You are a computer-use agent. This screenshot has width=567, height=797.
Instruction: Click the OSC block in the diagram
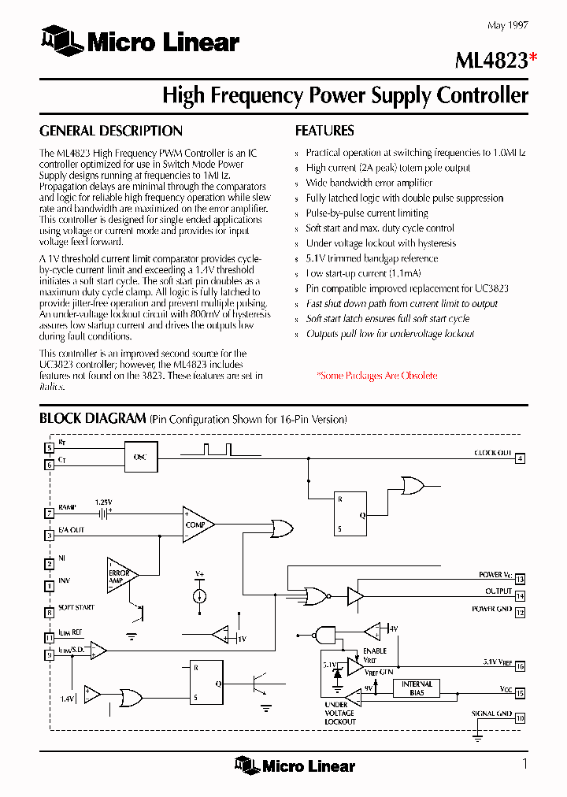coord(140,457)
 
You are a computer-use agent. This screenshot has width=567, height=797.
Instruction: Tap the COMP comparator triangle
coord(197,524)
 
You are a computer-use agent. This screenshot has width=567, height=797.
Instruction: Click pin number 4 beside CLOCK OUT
coord(520,458)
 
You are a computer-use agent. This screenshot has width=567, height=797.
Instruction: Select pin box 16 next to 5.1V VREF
coord(520,666)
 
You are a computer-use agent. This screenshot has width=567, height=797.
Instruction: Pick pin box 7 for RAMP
coord(49,513)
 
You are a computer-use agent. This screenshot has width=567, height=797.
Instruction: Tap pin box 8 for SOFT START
coord(49,612)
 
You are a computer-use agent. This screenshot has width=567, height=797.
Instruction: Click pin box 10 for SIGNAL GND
coord(520,717)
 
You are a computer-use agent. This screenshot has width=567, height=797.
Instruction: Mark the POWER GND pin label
coord(492,610)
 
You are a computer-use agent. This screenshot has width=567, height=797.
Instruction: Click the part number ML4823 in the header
coord(490,60)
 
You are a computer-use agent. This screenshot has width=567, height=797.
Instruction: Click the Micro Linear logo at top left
coord(139,42)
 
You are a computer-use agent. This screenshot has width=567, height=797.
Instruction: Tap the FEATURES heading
coord(324,131)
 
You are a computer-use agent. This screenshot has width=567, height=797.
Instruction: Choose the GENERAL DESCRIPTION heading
coord(111,131)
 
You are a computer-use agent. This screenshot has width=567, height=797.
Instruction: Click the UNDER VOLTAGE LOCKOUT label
coord(340,713)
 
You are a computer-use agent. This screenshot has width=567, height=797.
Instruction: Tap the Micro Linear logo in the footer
coord(295,765)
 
